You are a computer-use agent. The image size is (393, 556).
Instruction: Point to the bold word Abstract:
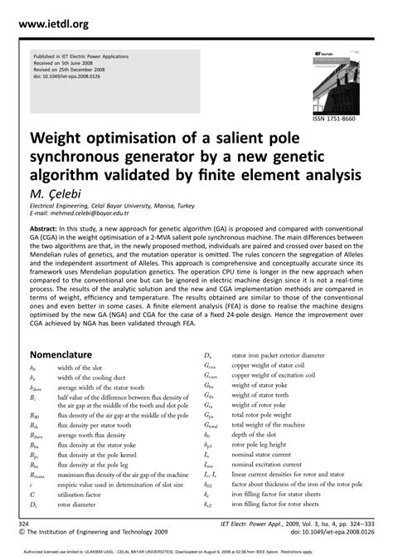(48, 227)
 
